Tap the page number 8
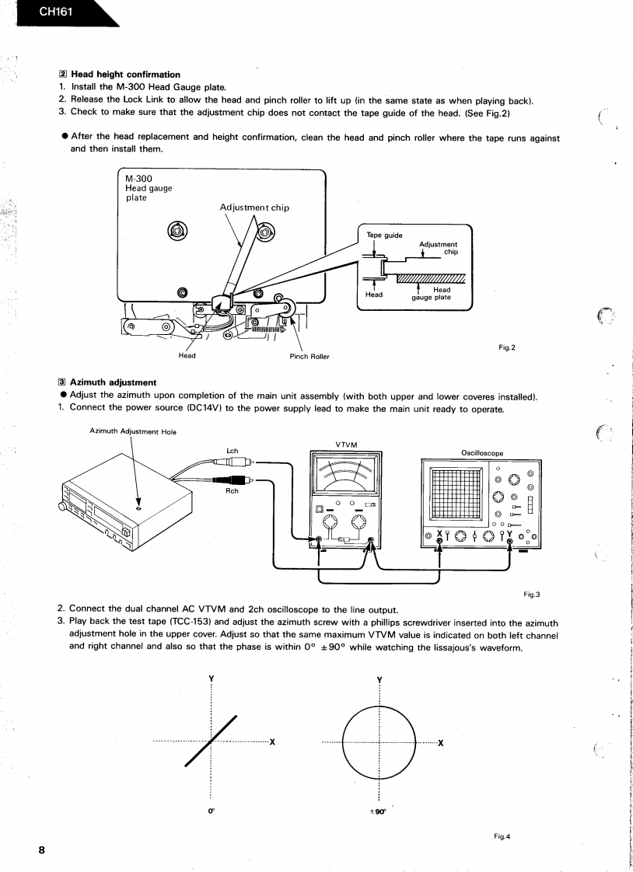[x=42, y=849]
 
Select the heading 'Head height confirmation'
[x=125, y=75]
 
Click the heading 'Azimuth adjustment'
[x=113, y=382]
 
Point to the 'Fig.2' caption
[x=508, y=347]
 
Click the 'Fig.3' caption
[x=532, y=595]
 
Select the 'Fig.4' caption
[x=502, y=836]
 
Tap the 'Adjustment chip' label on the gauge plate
[x=254, y=208]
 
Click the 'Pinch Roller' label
[x=309, y=357]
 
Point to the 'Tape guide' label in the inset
[x=384, y=235]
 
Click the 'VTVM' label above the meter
[x=346, y=445]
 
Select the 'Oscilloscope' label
[x=482, y=453]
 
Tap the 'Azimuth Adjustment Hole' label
[x=128, y=431]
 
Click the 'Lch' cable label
[x=232, y=451]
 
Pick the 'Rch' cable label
[x=232, y=490]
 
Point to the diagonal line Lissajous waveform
[x=212, y=740]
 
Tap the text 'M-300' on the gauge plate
[x=139, y=179]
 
